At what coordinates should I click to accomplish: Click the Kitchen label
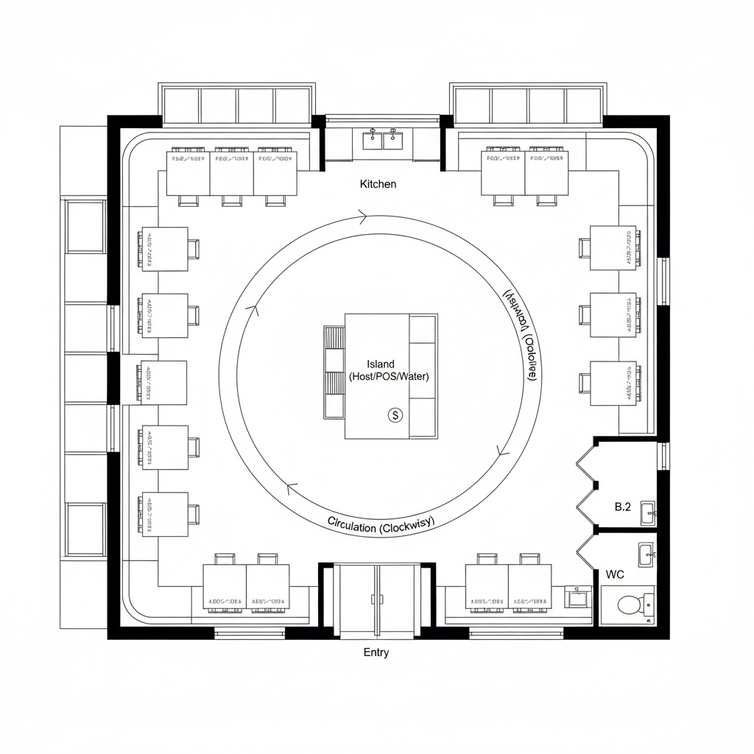tap(378, 183)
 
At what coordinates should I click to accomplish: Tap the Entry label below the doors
tap(376, 652)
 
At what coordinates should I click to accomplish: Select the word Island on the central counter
tap(381, 364)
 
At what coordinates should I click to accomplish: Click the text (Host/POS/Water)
tap(389, 376)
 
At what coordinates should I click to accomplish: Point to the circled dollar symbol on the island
tap(395, 415)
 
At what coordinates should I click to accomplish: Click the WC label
tap(615, 574)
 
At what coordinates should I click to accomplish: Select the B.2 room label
tap(623, 507)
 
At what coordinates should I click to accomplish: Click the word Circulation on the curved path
tap(352, 526)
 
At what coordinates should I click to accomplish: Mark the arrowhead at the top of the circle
tap(362, 216)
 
